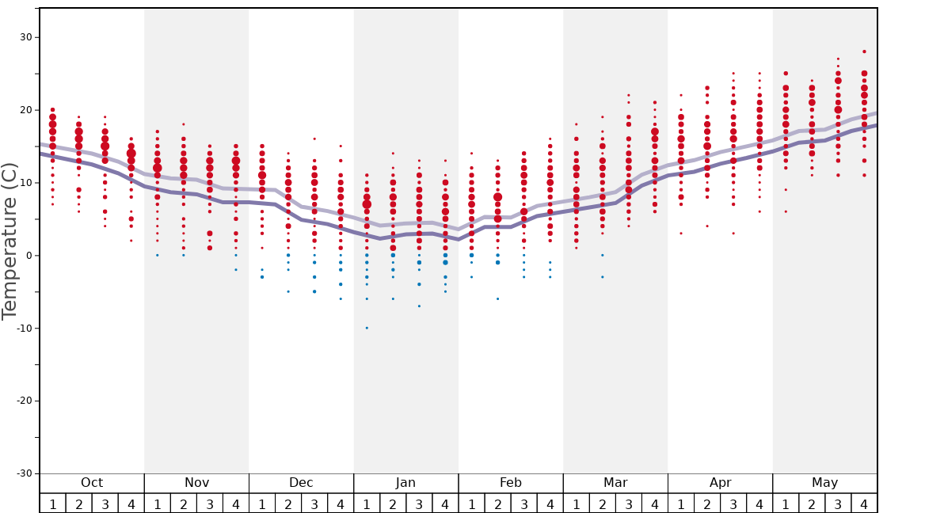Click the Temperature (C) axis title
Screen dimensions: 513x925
(10, 241)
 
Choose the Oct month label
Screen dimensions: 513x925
(92, 483)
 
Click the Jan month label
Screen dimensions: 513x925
(405, 483)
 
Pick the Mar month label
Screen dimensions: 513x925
(615, 483)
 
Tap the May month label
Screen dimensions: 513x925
(824, 483)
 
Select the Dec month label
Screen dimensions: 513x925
(301, 483)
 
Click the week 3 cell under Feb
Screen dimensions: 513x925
(523, 503)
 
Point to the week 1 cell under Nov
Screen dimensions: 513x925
(158, 503)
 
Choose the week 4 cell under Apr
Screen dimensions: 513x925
(759, 503)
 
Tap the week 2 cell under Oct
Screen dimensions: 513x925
(78, 503)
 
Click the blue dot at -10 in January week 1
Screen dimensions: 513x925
(367, 328)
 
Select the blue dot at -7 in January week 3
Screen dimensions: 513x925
(419, 306)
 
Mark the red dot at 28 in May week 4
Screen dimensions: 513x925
(864, 51)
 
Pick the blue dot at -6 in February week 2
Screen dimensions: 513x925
(497, 298)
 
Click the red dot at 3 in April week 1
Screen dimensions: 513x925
(680, 233)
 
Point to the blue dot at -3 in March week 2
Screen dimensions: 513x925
(602, 277)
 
